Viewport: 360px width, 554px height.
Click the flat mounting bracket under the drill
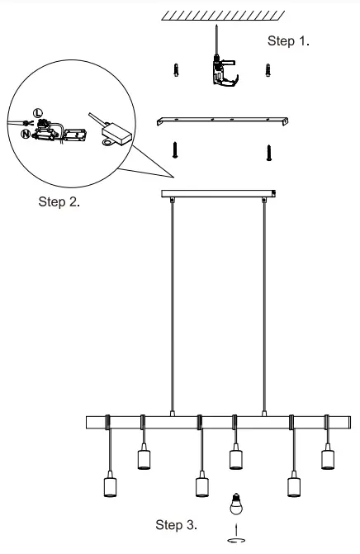click(x=223, y=121)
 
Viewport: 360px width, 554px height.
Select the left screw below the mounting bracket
click(x=176, y=150)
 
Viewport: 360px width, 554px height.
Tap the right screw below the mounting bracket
click(x=268, y=151)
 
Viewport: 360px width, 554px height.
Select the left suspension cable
click(x=171, y=305)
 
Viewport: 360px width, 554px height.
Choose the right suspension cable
click(x=264, y=305)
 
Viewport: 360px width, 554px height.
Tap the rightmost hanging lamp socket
click(x=326, y=457)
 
